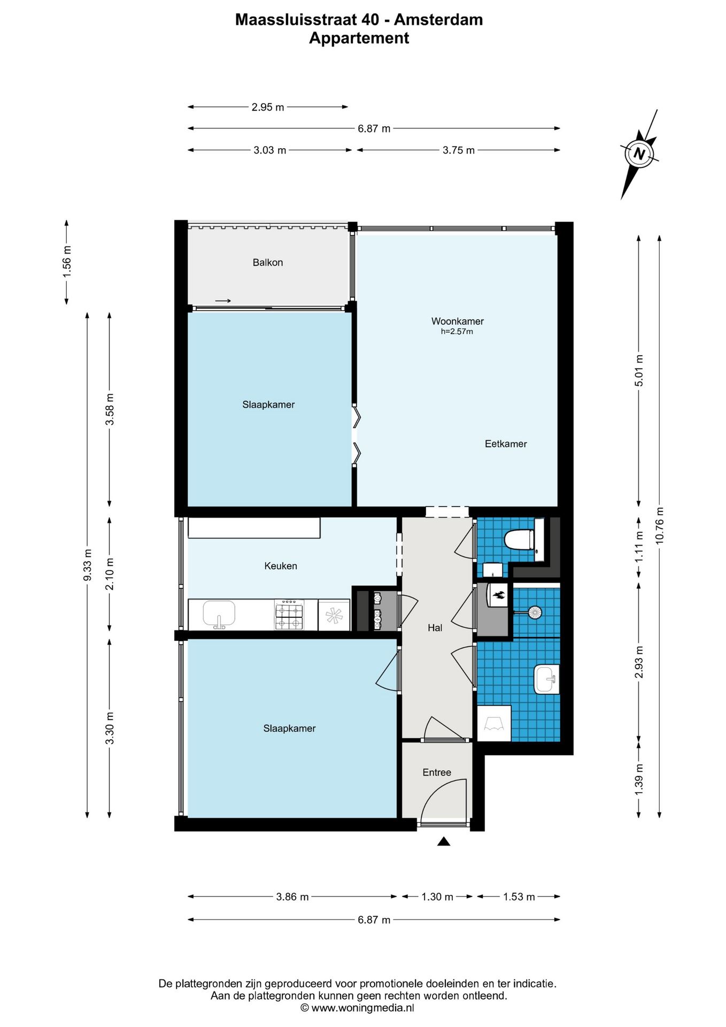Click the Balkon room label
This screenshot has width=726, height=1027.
click(x=268, y=263)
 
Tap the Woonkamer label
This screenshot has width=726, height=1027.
click(x=458, y=321)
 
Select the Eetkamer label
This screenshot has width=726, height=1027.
click(x=506, y=443)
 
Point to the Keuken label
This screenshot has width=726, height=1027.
click(x=281, y=566)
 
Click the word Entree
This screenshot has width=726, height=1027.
click(x=437, y=772)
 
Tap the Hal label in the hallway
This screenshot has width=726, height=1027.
click(x=435, y=628)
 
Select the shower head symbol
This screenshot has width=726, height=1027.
click(x=534, y=612)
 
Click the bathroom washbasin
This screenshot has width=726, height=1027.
click(x=546, y=679)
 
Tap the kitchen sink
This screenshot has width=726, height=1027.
click(x=219, y=614)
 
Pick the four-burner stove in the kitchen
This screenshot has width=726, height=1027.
click(x=289, y=615)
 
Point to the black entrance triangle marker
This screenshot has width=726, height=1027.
click(x=444, y=841)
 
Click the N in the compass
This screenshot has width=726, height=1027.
click(x=639, y=154)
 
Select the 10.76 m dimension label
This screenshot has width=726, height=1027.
click(x=659, y=525)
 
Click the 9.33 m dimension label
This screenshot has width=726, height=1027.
click(x=88, y=565)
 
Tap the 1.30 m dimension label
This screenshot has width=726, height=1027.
click(x=437, y=897)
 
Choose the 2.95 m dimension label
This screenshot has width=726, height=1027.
click(x=268, y=107)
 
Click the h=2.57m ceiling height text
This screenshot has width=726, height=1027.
click(x=457, y=332)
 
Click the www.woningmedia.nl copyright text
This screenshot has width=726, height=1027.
click(x=357, y=1008)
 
